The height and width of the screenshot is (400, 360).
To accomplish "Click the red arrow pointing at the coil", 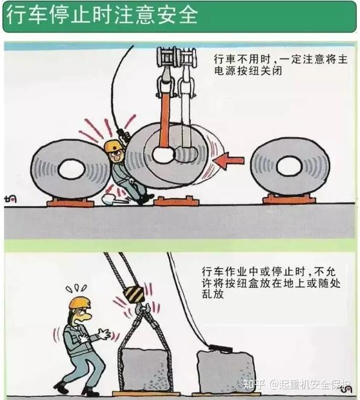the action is coord(229,161).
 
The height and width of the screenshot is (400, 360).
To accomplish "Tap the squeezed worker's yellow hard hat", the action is coord(113,145).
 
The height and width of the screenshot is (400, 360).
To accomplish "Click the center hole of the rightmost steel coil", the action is coord(289,167).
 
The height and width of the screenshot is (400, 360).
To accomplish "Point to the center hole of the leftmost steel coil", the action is coord(72,170).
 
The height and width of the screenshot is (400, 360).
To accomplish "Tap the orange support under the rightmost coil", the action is coord(289,199).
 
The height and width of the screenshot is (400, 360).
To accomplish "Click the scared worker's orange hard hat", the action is coord(80,303).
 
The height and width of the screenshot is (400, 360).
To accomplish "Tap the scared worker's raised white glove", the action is coord(104,334).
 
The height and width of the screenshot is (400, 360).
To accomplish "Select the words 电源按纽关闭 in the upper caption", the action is coord(248,71).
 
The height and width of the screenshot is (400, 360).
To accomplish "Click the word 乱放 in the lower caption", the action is coord(213,294).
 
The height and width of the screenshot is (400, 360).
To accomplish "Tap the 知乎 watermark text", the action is coord(254,384).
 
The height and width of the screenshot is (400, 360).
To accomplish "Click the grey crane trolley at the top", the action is coord(177,57).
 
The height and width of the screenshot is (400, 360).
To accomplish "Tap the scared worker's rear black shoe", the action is coord(61,386).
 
